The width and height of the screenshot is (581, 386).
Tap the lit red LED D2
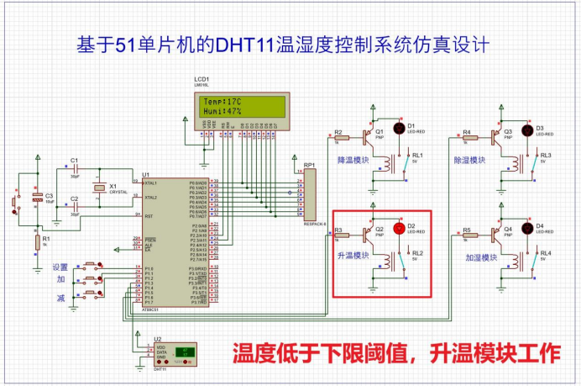tap(399, 228)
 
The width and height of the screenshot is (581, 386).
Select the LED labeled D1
tap(399, 128)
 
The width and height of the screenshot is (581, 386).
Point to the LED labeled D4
tap(527, 227)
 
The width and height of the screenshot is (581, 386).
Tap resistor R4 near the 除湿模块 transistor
tap(469, 138)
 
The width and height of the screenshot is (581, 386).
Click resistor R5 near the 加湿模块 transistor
tap(469, 236)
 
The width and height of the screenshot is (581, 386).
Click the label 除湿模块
tap(469, 159)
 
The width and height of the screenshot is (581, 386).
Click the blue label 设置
tap(60, 267)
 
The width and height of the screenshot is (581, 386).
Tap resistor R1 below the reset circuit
tap(36, 243)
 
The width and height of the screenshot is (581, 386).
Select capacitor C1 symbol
tap(75, 170)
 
